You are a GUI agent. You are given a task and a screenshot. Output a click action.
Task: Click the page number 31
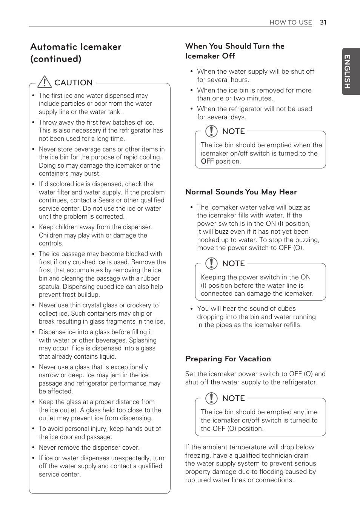(323, 22)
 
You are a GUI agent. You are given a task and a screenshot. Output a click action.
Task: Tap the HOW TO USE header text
(291, 22)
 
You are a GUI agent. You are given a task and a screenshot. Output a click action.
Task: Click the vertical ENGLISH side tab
(347, 71)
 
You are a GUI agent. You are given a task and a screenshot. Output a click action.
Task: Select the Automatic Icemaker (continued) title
(76, 52)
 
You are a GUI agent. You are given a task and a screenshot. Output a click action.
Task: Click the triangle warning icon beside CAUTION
(45, 82)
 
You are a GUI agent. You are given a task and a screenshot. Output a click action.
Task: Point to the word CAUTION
(73, 83)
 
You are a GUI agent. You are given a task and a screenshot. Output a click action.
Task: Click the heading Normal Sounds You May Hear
(241, 192)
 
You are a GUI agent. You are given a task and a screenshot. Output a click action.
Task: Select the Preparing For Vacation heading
(228, 359)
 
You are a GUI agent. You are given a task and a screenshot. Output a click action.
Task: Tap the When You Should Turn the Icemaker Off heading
(235, 51)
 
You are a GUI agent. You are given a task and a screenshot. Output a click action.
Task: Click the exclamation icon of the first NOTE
(211, 131)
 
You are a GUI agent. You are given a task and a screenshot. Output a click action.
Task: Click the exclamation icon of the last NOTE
(211, 398)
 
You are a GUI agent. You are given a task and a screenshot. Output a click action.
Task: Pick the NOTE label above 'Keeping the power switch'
(233, 264)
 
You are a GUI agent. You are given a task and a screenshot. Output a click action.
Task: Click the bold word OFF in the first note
(207, 161)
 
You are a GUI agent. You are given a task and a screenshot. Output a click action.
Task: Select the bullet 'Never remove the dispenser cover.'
(89, 447)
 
